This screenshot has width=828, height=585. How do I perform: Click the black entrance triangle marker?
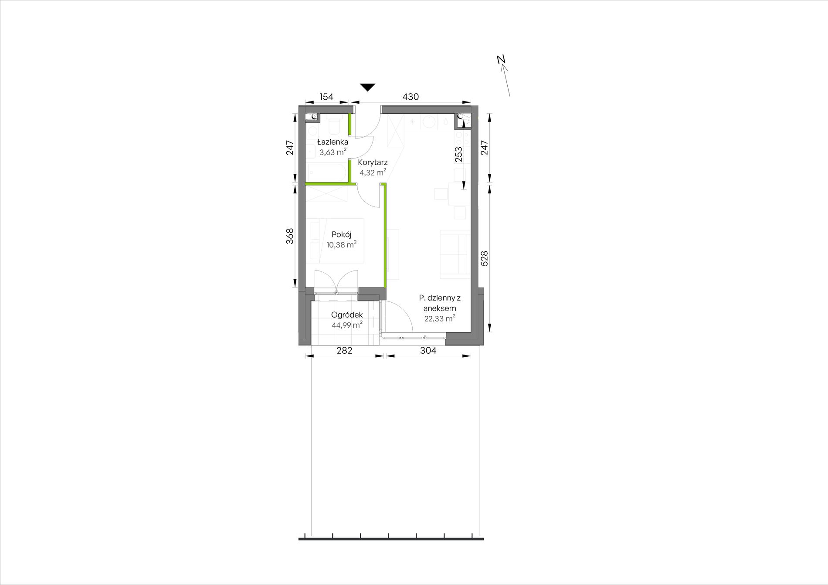pos(368,87)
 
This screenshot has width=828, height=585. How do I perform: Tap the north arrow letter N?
pos(501,60)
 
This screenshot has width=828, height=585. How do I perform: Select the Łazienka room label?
pos(333,142)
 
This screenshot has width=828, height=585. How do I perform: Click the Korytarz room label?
pos(373,162)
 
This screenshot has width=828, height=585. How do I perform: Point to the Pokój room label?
pos(341,234)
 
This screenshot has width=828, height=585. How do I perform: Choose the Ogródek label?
pos(347,314)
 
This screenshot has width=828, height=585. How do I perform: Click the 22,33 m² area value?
pos(440,318)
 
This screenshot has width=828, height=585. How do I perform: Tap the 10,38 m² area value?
pos(341,245)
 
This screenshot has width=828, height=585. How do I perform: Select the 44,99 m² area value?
pos(347,325)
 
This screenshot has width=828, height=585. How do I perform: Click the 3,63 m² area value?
pos(333,152)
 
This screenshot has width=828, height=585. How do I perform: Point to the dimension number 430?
pos(411,97)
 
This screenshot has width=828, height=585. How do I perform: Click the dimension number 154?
pos(326,97)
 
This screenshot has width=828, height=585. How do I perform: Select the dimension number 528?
pos(485,258)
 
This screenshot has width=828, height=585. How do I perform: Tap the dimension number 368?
pos(290,236)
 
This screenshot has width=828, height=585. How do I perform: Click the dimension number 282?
pos(344,350)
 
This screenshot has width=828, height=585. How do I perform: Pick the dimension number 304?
pos(428,350)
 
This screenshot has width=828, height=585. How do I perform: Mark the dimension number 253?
pos(458,155)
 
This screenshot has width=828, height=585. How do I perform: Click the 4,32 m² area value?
pos(373,173)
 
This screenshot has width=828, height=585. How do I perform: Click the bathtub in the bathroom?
pos(327,171)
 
